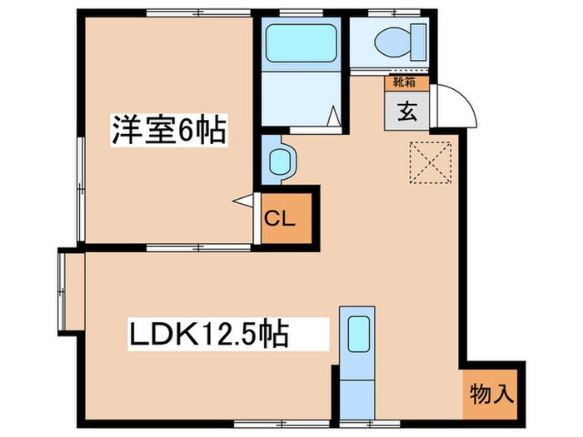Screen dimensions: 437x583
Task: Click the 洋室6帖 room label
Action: pos(170,131)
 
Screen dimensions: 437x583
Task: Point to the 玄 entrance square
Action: pos(406,111)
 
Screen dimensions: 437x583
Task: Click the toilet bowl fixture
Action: pos(390,39)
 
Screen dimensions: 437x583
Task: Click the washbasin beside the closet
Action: pos(280,159)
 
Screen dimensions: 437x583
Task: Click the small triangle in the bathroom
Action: pos(335,116)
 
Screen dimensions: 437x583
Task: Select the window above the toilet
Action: pos(390,12)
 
